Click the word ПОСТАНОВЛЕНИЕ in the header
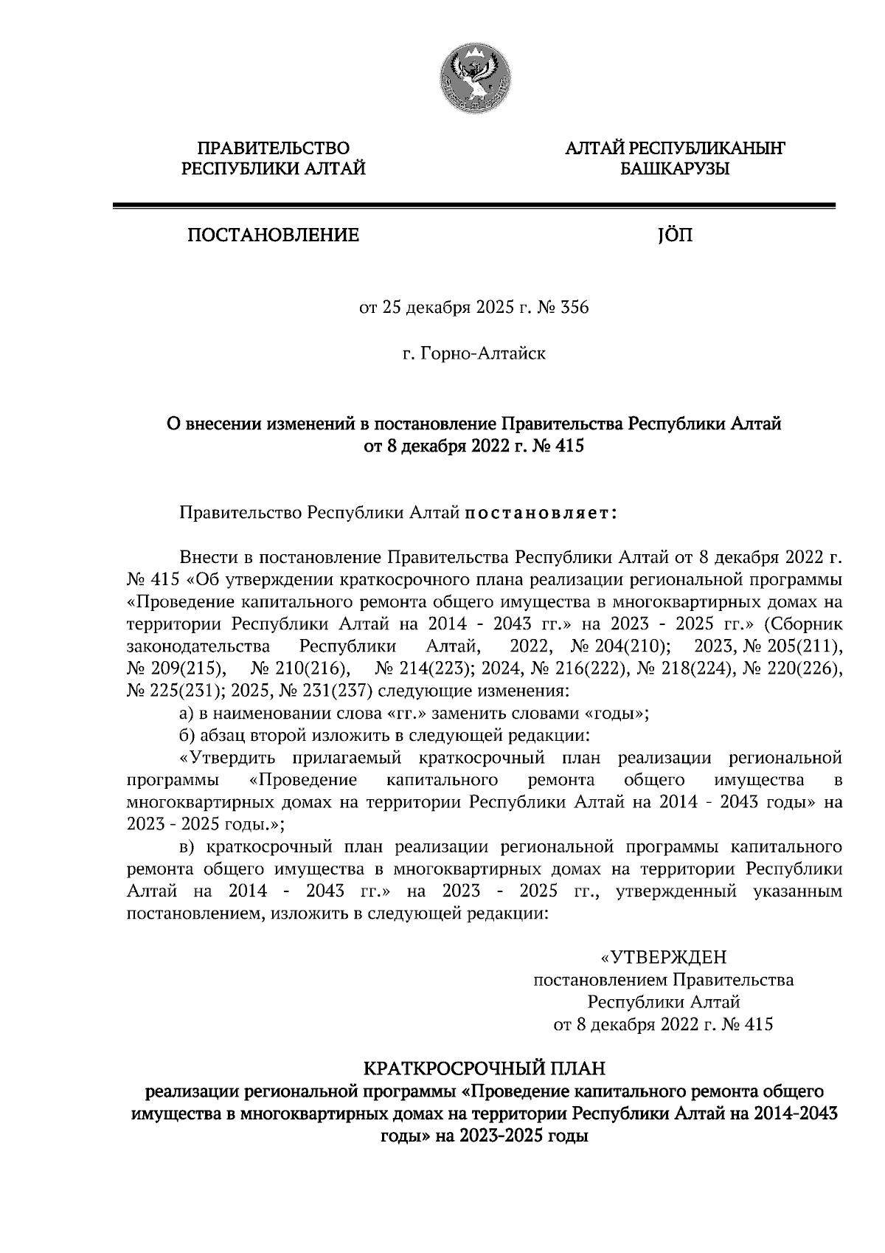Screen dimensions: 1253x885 273,236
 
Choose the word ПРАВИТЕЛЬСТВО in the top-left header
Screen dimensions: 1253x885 274,150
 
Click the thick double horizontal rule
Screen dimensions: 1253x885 473,206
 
